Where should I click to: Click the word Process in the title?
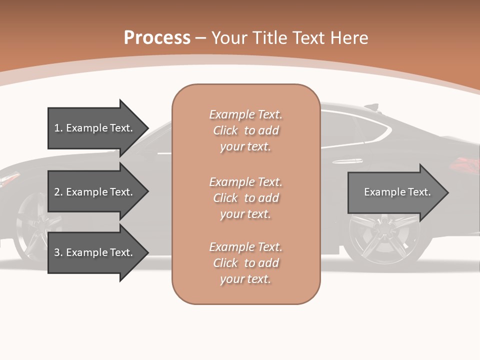point(157,38)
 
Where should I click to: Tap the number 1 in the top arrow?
point(57,128)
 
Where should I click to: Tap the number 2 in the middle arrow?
point(57,192)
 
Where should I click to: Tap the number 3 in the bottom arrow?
point(57,252)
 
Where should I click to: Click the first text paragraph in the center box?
point(246,130)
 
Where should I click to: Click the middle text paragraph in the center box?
point(246,198)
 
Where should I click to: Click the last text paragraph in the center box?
point(246,263)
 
